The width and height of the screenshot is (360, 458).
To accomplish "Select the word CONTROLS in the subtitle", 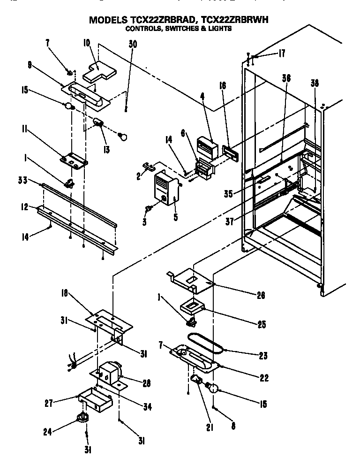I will (x=140, y=29).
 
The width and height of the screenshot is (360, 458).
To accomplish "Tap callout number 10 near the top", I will (x=87, y=42).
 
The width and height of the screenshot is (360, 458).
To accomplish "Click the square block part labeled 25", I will (x=191, y=308).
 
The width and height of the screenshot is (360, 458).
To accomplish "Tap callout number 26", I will (x=261, y=295).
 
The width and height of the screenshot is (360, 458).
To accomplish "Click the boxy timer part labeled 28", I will (x=110, y=374).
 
